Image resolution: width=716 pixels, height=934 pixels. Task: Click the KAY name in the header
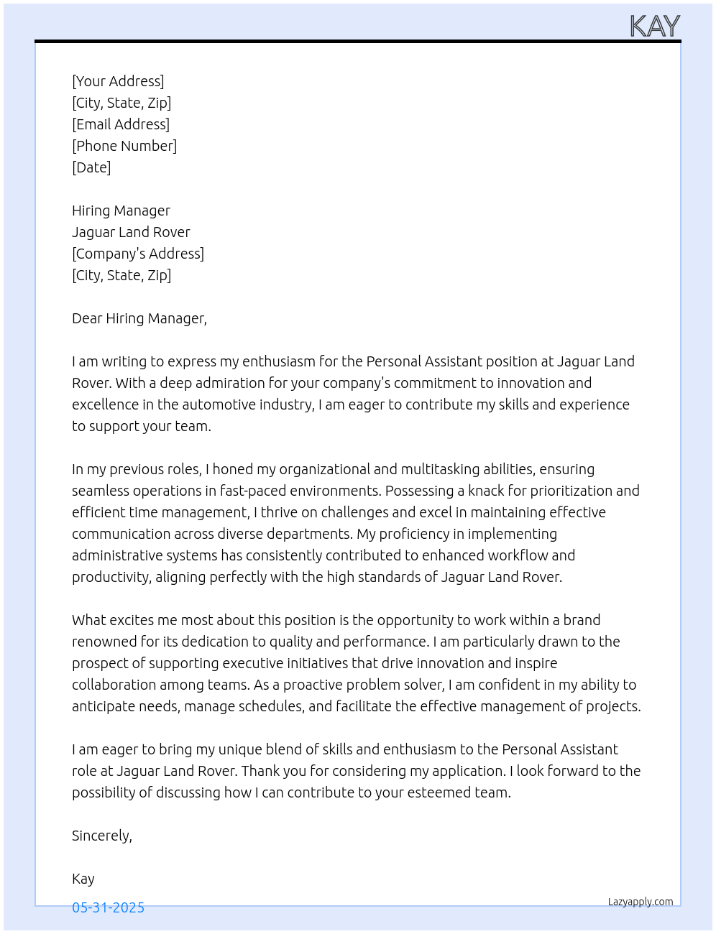(x=654, y=27)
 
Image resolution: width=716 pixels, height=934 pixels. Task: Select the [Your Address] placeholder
(x=118, y=81)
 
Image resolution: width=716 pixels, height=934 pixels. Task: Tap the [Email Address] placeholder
(x=121, y=124)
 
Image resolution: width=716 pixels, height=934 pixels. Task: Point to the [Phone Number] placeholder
(x=124, y=146)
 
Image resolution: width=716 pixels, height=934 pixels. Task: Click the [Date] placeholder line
(x=91, y=167)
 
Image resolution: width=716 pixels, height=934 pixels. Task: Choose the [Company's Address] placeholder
(x=138, y=254)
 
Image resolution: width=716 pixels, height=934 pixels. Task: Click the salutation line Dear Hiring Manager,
(x=139, y=318)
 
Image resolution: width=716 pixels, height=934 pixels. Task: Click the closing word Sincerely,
(x=102, y=836)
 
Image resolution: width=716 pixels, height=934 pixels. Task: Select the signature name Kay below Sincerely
(x=83, y=879)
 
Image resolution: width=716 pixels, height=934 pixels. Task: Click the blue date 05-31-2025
(x=108, y=907)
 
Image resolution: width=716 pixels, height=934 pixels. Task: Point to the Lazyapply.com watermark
(x=641, y=902)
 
